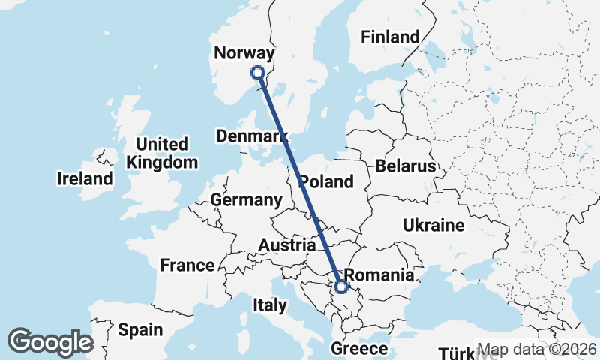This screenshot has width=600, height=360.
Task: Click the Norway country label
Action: pos(244,52)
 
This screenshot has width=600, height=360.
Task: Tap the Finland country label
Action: pos(390,37)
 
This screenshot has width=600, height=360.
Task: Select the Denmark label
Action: pos(252,136)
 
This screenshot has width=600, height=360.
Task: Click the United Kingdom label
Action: pos(163,153)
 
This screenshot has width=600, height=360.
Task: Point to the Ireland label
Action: pos(85,179)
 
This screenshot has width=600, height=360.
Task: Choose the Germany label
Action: pos(245,200)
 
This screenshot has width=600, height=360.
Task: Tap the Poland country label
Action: pos(326,182)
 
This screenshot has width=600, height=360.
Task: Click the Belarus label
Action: pos(406,166)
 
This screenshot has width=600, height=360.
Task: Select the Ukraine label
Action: pos(433,225)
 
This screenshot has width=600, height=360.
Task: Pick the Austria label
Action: pos(286,245)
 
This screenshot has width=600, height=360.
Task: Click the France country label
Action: pos(187,265)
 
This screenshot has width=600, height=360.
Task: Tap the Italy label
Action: pos(270,305)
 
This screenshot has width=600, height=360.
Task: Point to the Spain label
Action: pos(140,329)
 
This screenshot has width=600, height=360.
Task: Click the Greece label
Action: pos(361,349)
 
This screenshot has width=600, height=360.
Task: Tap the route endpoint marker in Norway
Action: pos(258,73)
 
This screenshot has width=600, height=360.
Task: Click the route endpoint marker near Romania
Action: pos(341,286)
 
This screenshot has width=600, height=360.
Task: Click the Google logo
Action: pos(50,342)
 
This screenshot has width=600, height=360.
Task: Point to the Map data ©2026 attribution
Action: pos(537,349)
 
